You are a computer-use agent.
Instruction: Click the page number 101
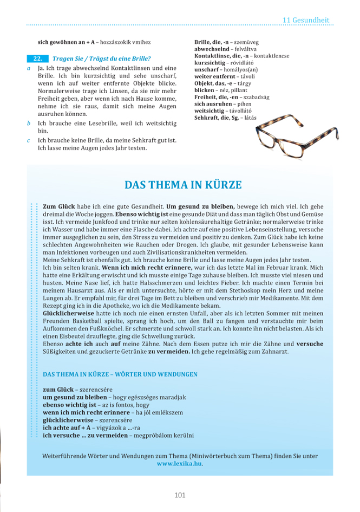click(180, 495)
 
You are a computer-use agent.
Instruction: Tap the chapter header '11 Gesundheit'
click(305, 20)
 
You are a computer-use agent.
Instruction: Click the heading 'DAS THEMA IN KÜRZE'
click(183, 185)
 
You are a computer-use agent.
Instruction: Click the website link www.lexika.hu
click(180, 464)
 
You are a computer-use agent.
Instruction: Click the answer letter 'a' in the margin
click(29, 69)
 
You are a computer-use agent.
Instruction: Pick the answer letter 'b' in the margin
click(29, 124)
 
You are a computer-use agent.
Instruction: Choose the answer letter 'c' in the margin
click(29, 140)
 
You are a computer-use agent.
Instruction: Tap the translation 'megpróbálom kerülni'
click(163, 435)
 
